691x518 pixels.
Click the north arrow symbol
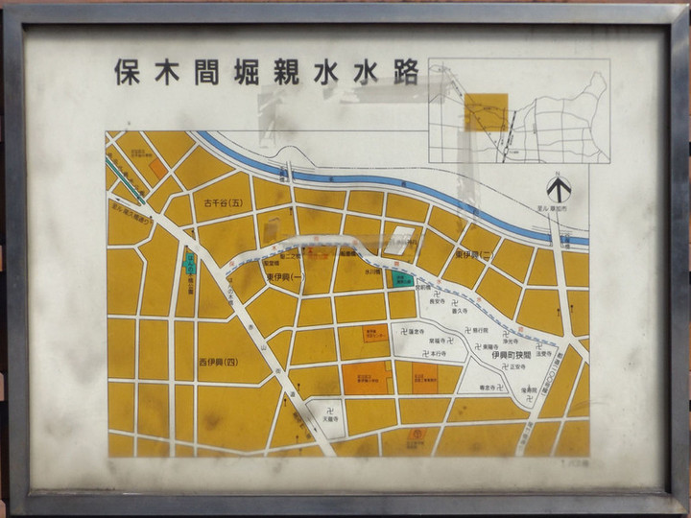[x=559, y=188]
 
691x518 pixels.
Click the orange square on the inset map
[x=486, y=111]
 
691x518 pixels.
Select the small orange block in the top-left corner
[x=157, y=168]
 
